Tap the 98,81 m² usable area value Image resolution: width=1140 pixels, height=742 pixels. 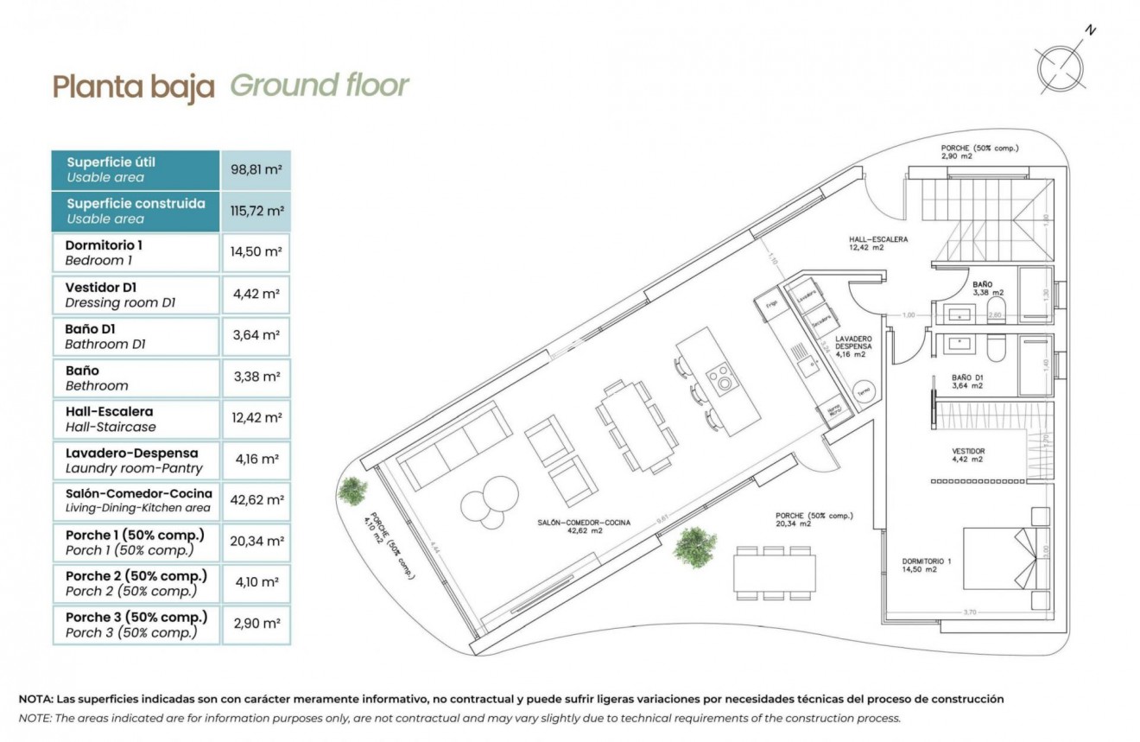(256, 169)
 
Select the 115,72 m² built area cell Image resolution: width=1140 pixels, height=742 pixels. (256, 211)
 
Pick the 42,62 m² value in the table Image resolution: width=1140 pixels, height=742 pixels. (256, 500)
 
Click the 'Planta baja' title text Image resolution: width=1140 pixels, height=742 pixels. (134, 87)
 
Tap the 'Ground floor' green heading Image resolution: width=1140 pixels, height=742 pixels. (320, 86)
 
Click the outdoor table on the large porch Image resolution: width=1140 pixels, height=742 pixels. (775, 572)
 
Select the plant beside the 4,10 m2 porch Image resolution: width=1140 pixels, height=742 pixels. (352, 491)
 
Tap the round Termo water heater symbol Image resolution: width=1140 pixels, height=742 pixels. (863, 391)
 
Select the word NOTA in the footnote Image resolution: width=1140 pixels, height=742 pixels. (35, 698)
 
